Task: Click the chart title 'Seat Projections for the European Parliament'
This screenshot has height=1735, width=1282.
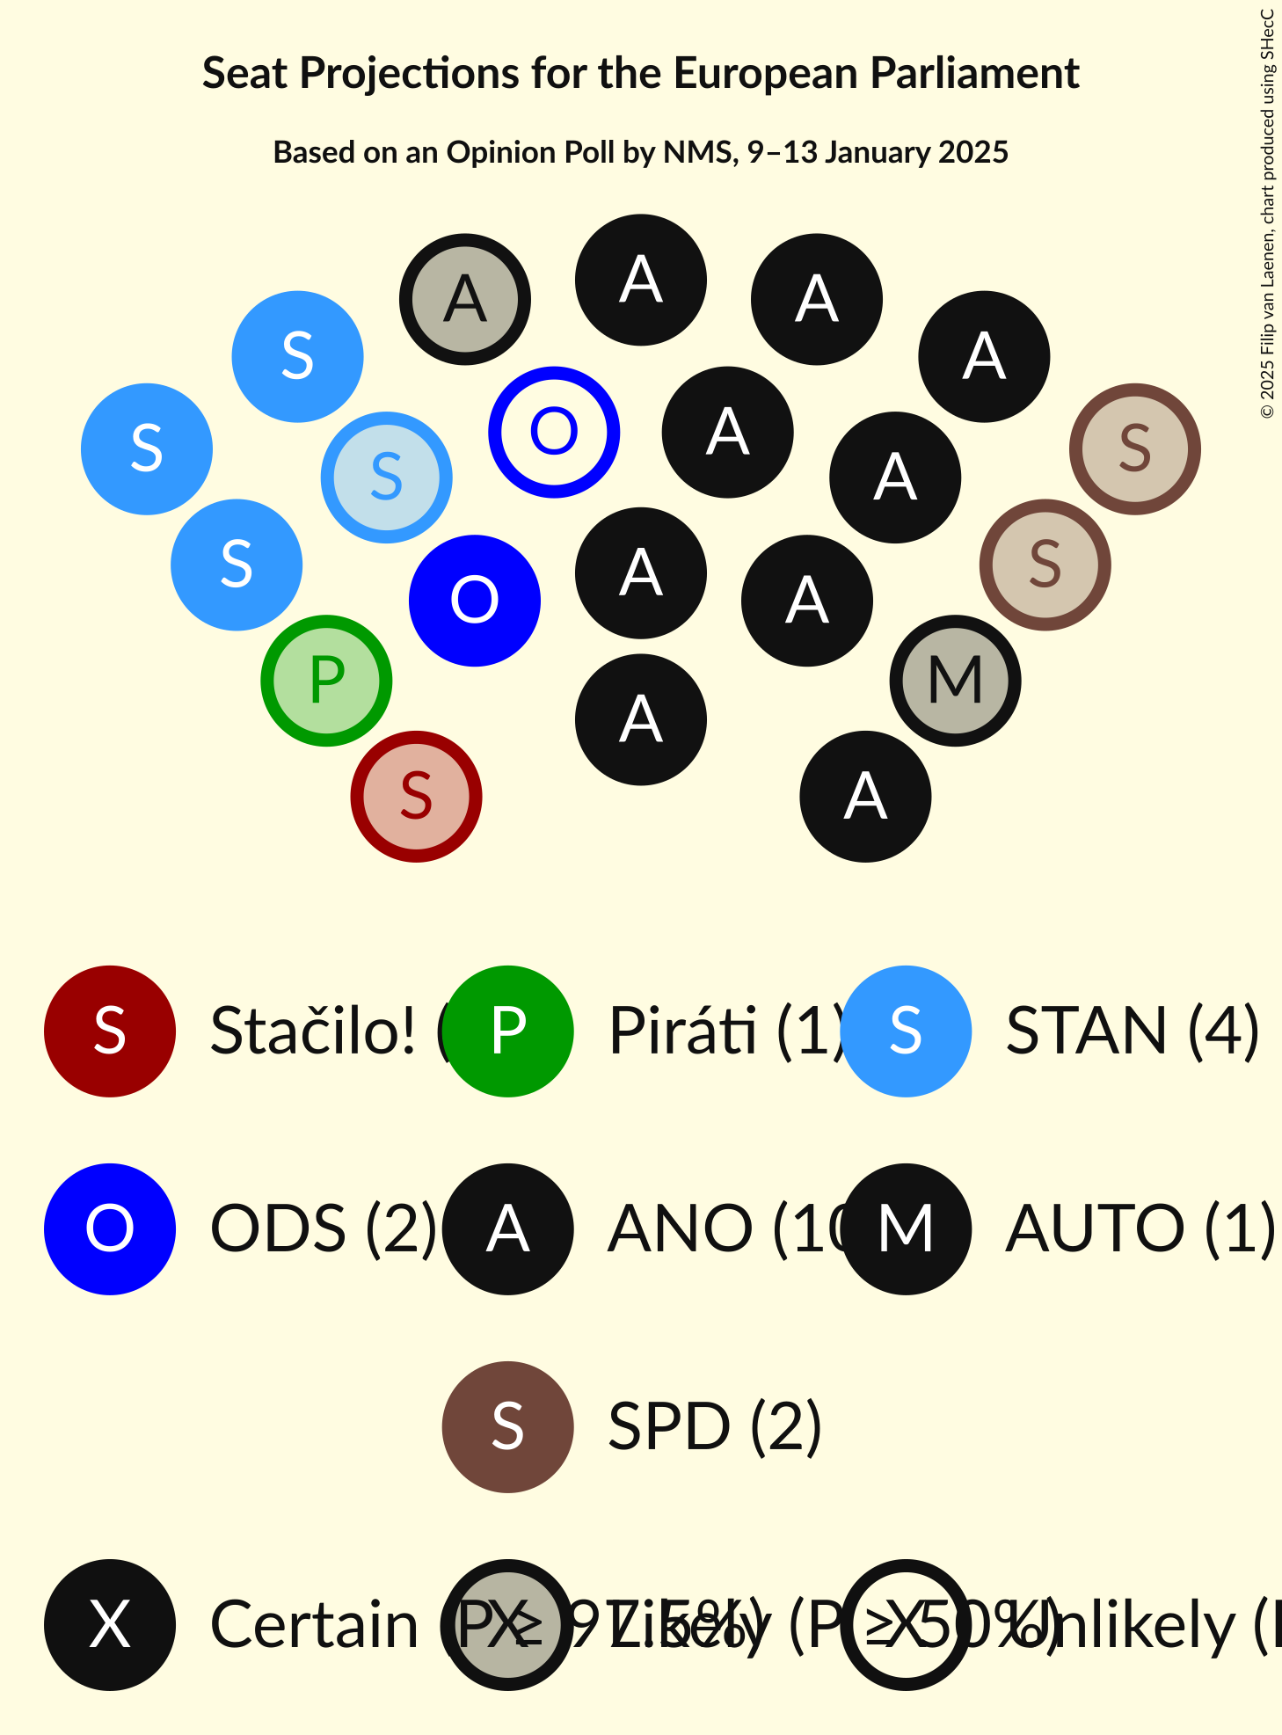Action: click(640, 73)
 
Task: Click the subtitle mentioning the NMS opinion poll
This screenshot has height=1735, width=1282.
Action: click(640, 152)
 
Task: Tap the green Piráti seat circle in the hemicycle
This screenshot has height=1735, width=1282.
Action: click(326, 681)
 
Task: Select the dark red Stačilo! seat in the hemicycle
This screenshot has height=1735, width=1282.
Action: click(416, 797)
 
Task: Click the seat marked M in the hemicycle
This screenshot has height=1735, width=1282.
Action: click(955, 681)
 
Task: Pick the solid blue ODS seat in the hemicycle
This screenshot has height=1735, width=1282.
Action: click(475, 601)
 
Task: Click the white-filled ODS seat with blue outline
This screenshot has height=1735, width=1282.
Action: click(554, 432)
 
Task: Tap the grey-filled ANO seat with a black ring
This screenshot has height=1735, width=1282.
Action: click(465, 299)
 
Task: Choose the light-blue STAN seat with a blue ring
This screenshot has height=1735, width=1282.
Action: click(387, 477)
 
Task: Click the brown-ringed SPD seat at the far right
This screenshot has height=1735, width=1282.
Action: click(1135, 448)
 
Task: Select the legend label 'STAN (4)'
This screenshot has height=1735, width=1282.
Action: click(1133, 1031)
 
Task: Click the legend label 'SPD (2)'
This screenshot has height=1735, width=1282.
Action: click(715, 1426)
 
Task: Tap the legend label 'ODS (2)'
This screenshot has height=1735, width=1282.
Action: click(324, 1228)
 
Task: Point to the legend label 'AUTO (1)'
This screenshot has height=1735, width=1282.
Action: click(1140, 1228)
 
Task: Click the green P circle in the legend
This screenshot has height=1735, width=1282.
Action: click(508, 1031)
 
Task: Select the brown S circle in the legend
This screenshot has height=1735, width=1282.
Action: click(508, 1426)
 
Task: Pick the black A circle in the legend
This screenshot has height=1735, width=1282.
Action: click(508, 1228)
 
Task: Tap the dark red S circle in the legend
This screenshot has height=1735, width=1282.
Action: click(110, 1031)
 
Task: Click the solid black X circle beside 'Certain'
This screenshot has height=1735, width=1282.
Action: click(110, 1624)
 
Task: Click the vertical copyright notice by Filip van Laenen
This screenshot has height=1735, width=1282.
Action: click(1267, 214)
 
